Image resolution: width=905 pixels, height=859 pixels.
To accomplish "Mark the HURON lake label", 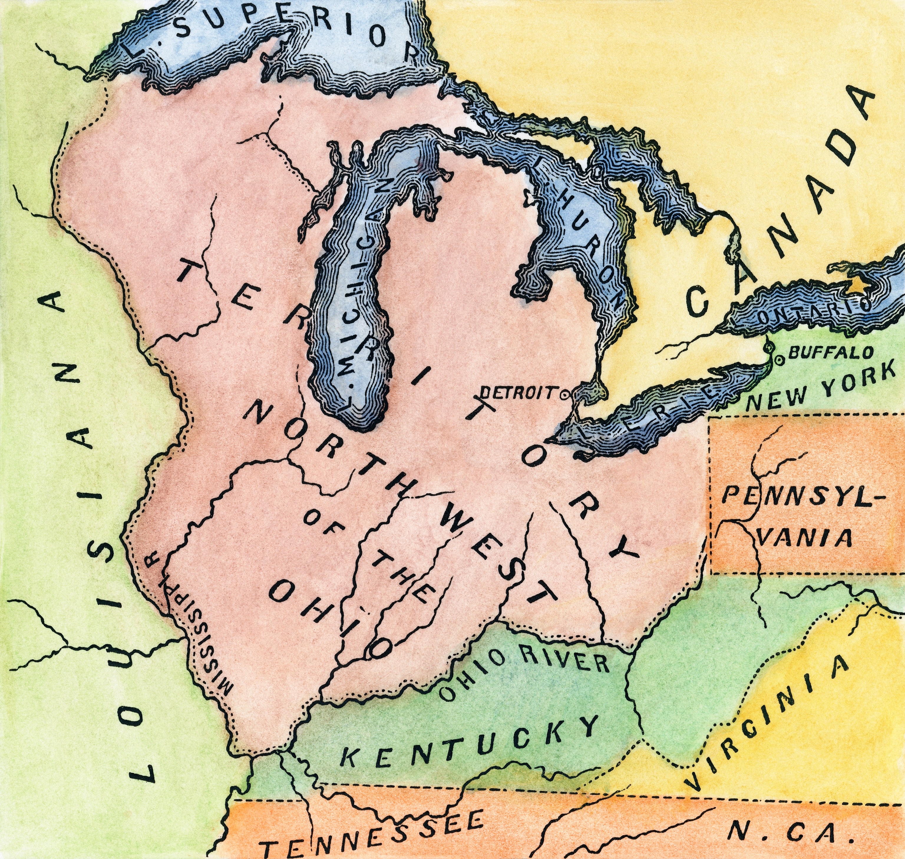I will point(595,256).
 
